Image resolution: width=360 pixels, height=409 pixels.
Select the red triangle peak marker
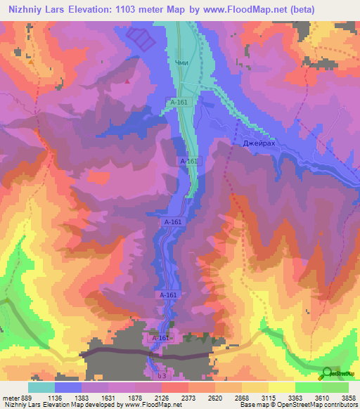click(x=127, y=82)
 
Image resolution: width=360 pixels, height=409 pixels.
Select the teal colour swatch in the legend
click(x=41, y=387)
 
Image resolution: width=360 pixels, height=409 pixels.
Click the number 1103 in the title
click(x=130, y=9)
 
